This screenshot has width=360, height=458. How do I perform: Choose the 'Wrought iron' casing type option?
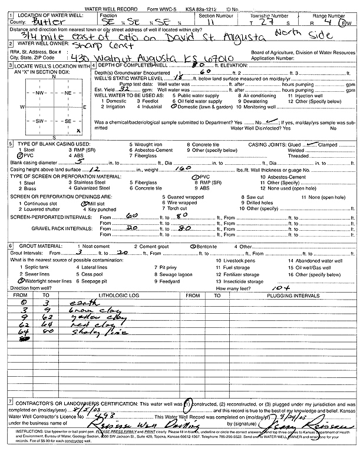(150, 144)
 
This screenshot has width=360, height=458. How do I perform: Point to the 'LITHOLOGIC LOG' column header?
(118, 294)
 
